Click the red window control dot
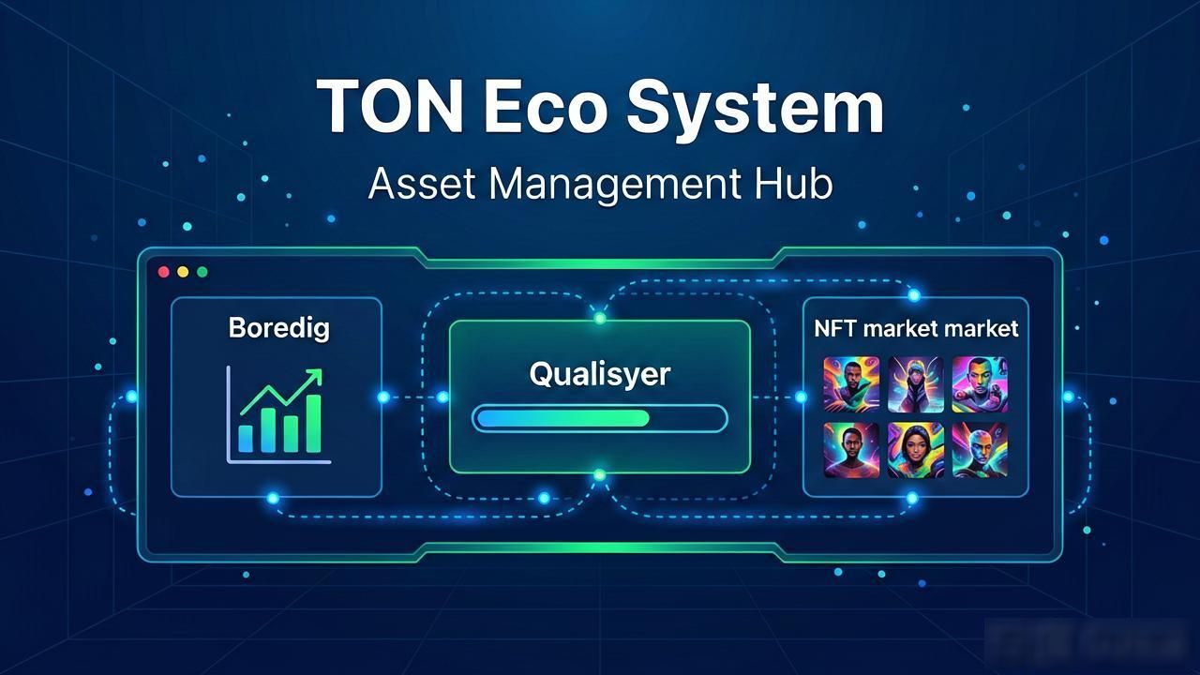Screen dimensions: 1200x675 164,272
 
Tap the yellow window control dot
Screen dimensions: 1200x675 183,272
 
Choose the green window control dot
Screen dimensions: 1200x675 202,272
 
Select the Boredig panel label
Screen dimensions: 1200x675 279,328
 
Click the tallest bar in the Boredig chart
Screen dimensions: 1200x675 313,424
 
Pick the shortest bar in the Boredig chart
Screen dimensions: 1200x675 246,439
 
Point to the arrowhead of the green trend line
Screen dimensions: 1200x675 315,376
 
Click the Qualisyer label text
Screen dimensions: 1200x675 599,374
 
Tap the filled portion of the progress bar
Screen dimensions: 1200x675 563,418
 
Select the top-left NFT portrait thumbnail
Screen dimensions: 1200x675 851,384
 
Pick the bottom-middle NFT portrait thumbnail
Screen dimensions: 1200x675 916,450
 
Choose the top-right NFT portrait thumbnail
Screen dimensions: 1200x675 980,384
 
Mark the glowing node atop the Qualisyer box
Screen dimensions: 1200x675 600,319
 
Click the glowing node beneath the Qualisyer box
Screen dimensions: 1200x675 600,474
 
